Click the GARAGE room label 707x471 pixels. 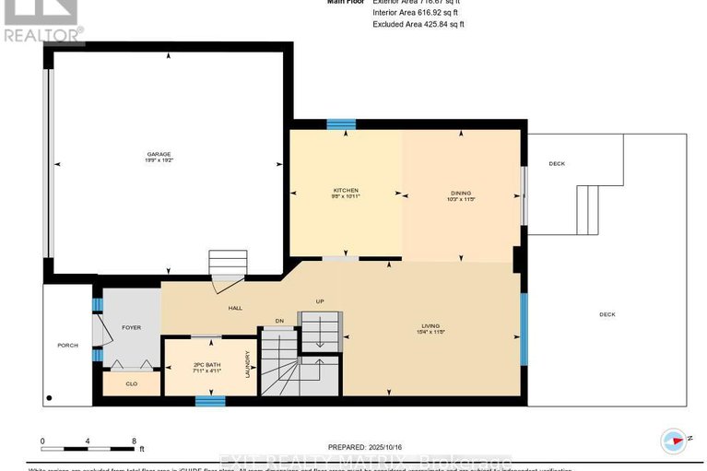click(x=163, y=154)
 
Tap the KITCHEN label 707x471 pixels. click(x=346, y=190)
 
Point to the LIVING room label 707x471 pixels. click(x=430, y=325)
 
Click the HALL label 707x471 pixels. click(x=235, y=308)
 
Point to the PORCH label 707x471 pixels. click(x=67, y=346)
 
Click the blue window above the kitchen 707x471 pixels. click(x=341, y=124)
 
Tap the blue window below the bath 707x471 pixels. click(x=210, y=400)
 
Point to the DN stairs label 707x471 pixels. click(x=278, y=321)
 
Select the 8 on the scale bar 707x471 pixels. click(x=134, y=442)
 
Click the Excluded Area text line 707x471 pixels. click(x=418, y=24)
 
